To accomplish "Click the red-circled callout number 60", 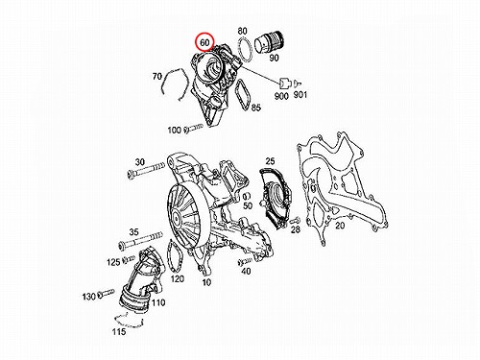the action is point(204,42).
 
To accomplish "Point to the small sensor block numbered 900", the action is point(284,84).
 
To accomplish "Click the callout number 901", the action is point(300,95).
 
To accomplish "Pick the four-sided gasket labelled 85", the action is point(236,94).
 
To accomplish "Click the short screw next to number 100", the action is point(194,129).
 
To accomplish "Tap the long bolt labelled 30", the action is point(146,170).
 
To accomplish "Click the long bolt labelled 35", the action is point(140,240).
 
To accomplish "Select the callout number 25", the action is point(270,160).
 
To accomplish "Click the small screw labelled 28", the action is point(295,221).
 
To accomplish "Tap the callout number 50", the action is point(248,205).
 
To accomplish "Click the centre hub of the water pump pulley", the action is point(176,219).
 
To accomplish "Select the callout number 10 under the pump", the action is point(206,282).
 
